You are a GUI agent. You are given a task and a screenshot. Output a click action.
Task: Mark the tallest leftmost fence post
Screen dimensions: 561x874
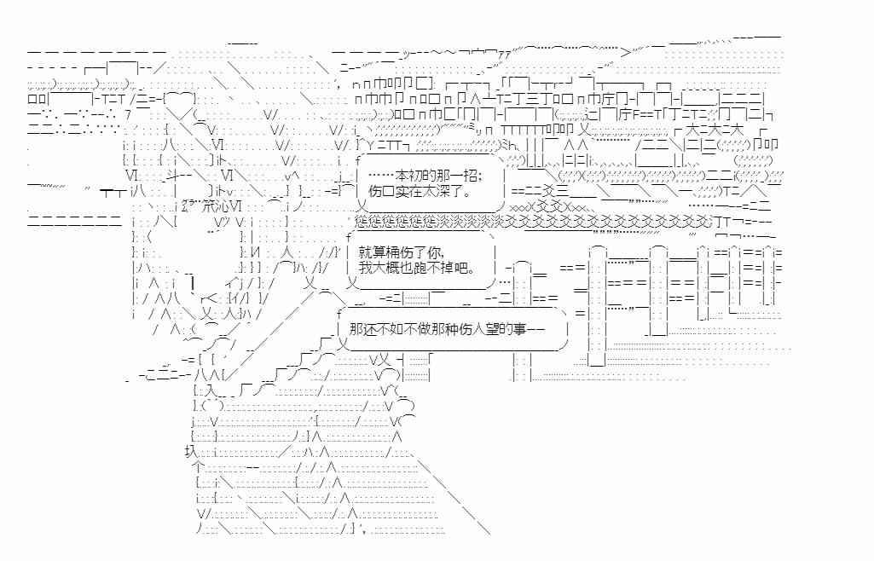point(597,298)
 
